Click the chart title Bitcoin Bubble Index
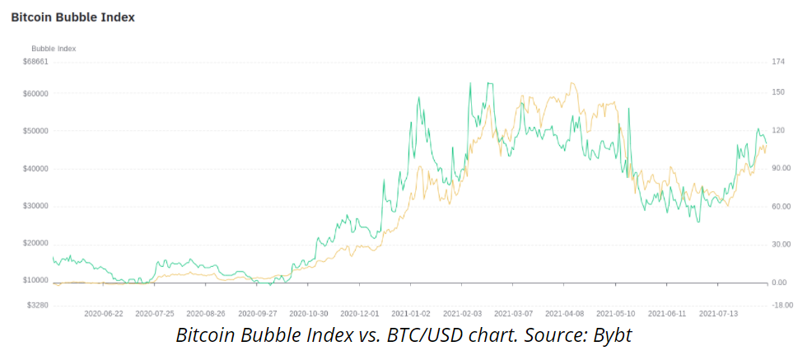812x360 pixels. pos(73,17)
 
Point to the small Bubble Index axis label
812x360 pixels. pos(54,49)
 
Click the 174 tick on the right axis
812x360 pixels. pos(778,62)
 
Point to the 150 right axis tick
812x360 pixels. pos(778,92)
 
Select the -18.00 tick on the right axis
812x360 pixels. pos(782,305)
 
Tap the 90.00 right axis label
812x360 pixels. pos(782,168)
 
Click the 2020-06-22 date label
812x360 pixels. pos(104,313)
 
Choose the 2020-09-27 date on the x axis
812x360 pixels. pos(258,313)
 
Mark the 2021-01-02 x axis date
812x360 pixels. pos(411,313)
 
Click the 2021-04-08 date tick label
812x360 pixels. pos(564,313)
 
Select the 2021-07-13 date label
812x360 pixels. pos(718,313)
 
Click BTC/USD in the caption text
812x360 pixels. pos(431,335)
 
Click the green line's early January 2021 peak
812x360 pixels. pos(419,97)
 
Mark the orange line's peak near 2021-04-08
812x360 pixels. pos(572,83)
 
